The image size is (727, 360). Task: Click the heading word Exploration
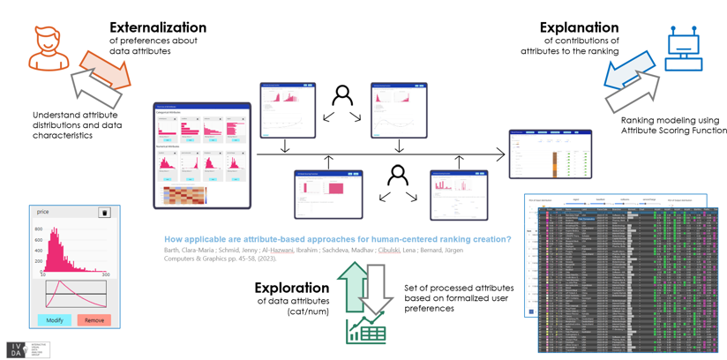(291, 288)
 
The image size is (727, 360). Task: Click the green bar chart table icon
(365, 331)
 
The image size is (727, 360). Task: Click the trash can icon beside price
(104, 213)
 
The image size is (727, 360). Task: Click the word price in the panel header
(43, 213)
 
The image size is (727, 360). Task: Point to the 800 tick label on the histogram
(38, 229)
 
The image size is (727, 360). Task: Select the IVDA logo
(28, 349)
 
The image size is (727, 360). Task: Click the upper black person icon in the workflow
(342, 97)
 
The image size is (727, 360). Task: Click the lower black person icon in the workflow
(398, 176)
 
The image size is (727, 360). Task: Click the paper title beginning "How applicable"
(338, 239)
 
